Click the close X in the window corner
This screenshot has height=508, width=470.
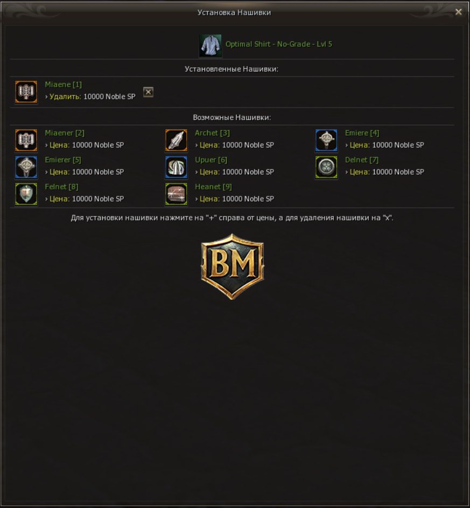click(458, 12)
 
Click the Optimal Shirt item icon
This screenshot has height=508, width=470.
click(210, 46)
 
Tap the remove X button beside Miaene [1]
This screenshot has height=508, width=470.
click(148, 92)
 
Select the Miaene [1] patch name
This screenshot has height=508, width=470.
click(64, 84)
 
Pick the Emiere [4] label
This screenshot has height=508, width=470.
click(362, 133)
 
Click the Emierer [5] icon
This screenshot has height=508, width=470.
click(26, 167)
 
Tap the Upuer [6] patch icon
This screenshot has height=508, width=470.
click(176, 167)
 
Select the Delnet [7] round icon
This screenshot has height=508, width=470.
click(326, 167)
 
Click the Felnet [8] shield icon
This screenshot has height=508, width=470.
click(26, 194)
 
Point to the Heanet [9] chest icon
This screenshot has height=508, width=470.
click(176, 194)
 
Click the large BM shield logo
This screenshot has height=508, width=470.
click(232, 266)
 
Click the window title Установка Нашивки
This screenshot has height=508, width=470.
click(234, 12)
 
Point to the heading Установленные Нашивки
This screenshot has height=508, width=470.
click(232, 69)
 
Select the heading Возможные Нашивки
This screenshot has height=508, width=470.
click(232, 117)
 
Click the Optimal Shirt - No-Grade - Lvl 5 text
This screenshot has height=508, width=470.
click(279, 44)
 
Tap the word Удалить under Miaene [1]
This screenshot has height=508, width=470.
click(65, 96)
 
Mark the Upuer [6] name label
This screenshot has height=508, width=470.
click(211, 160)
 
